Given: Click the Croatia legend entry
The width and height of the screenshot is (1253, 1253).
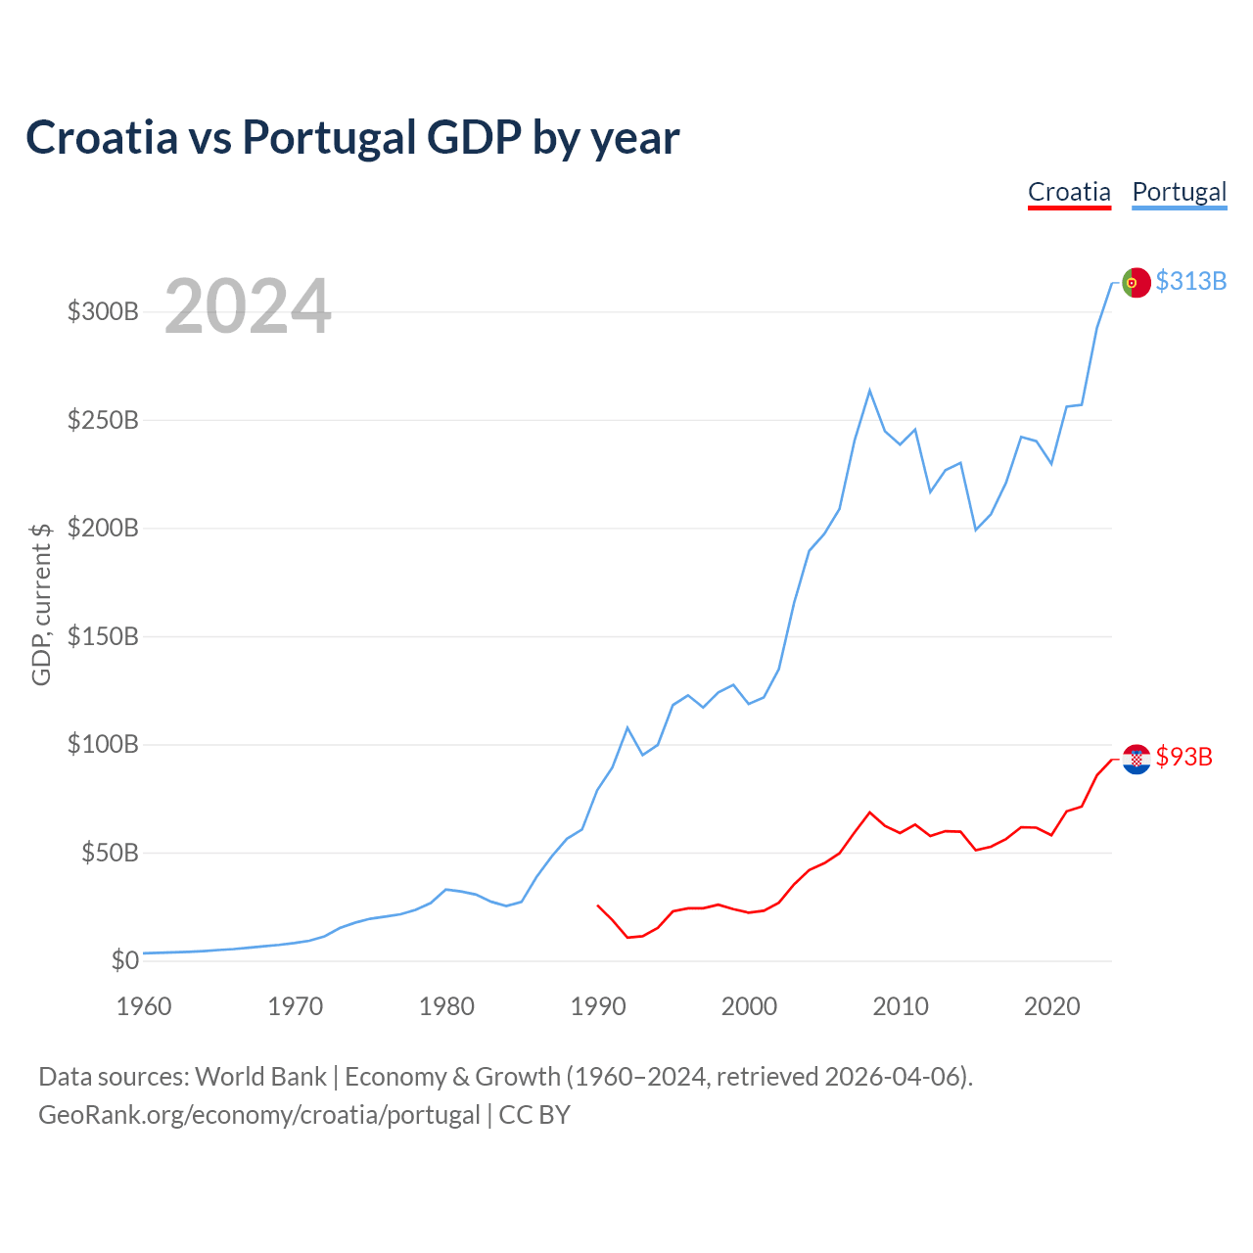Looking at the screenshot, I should (1069, 192).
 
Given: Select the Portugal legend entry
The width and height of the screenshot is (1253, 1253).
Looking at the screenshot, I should (1179, 192).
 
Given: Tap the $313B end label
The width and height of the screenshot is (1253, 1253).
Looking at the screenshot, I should (1190, 281).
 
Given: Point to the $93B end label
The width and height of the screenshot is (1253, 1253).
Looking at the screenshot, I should (1183, 757).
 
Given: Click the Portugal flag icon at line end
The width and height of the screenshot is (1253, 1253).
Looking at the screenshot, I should (1136, 282).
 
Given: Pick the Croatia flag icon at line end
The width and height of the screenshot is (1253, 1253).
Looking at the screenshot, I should (1136, 759).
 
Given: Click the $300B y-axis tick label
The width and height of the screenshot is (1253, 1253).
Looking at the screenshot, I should (103, 312).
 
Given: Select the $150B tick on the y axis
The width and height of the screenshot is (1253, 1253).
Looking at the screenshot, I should (103, 637).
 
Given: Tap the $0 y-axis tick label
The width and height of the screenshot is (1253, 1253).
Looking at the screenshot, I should (125, 961).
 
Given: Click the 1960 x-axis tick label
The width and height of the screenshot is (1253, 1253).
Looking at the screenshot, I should (144, 1006).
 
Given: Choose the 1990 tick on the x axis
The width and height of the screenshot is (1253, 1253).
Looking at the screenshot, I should (597, 1006).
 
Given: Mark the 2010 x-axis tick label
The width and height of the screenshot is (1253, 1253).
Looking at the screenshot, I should (900, 1006).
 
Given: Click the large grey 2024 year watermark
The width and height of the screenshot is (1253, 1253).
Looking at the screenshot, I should (248, 307).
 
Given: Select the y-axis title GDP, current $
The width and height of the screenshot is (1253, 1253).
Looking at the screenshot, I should (41, 604).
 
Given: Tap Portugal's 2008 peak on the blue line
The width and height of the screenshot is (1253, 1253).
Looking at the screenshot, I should (869, 391).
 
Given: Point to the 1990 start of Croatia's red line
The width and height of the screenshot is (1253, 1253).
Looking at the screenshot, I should (598, 905).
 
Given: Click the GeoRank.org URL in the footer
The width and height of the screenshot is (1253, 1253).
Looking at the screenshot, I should (259, 1115).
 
